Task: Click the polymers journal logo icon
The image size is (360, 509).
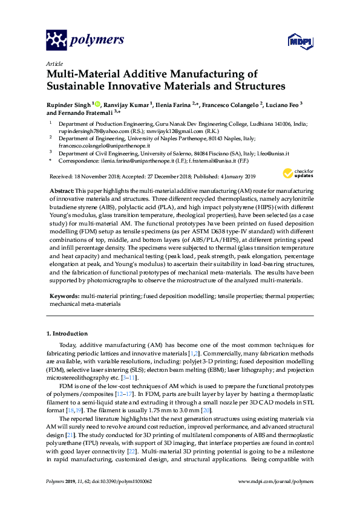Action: tap(57, 40)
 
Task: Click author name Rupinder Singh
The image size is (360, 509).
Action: tap(68, 104)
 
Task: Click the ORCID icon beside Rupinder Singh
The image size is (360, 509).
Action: tap(97, 103)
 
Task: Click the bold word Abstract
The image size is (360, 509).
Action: tap(62, 190)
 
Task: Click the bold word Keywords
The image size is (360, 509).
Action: tap(64, 296)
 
